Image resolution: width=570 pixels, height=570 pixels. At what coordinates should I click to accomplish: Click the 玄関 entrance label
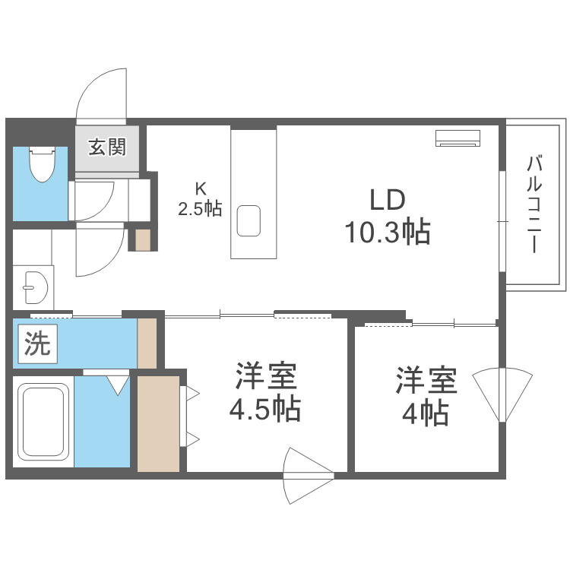point(106,147)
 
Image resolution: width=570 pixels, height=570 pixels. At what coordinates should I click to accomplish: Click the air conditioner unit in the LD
point(458,138)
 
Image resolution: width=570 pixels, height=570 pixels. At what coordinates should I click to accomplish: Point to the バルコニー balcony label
point(534,204)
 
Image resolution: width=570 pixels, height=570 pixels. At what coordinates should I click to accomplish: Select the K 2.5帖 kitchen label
point(200,200)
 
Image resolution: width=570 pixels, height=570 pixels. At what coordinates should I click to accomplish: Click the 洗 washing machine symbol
point(36,344)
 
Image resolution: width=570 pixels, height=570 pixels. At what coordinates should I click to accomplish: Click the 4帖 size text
point(425,413)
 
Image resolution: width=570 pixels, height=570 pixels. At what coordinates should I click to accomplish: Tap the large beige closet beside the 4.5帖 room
point(158,423)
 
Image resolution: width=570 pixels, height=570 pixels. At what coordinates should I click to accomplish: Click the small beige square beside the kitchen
point(143,239)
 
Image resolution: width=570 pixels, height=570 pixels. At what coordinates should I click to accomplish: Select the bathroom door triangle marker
point(118,384)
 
